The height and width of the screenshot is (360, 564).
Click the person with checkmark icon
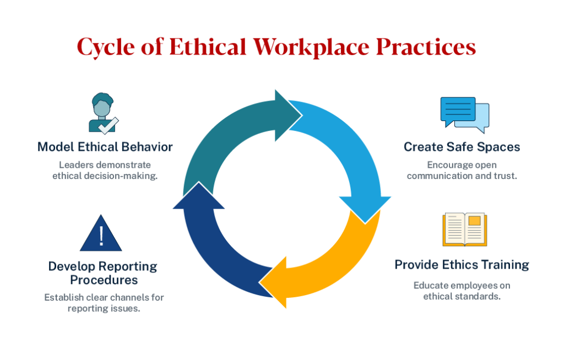tap(103, 113)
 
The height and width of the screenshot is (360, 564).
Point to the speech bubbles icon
tap(464, 114)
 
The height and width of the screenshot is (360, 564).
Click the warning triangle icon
tap(101, 234)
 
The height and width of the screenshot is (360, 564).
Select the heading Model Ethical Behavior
tap(105, 147)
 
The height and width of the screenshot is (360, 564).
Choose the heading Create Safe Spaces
tap(462, 147)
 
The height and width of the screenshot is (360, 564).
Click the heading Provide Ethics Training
tap(462, 265)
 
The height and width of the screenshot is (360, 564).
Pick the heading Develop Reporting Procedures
tap(103, 273)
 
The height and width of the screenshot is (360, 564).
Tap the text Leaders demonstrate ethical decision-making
tap(105, 171)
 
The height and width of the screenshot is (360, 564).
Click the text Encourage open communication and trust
tap(462, 171)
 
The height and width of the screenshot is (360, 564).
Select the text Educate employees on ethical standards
tap(462, 291)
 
